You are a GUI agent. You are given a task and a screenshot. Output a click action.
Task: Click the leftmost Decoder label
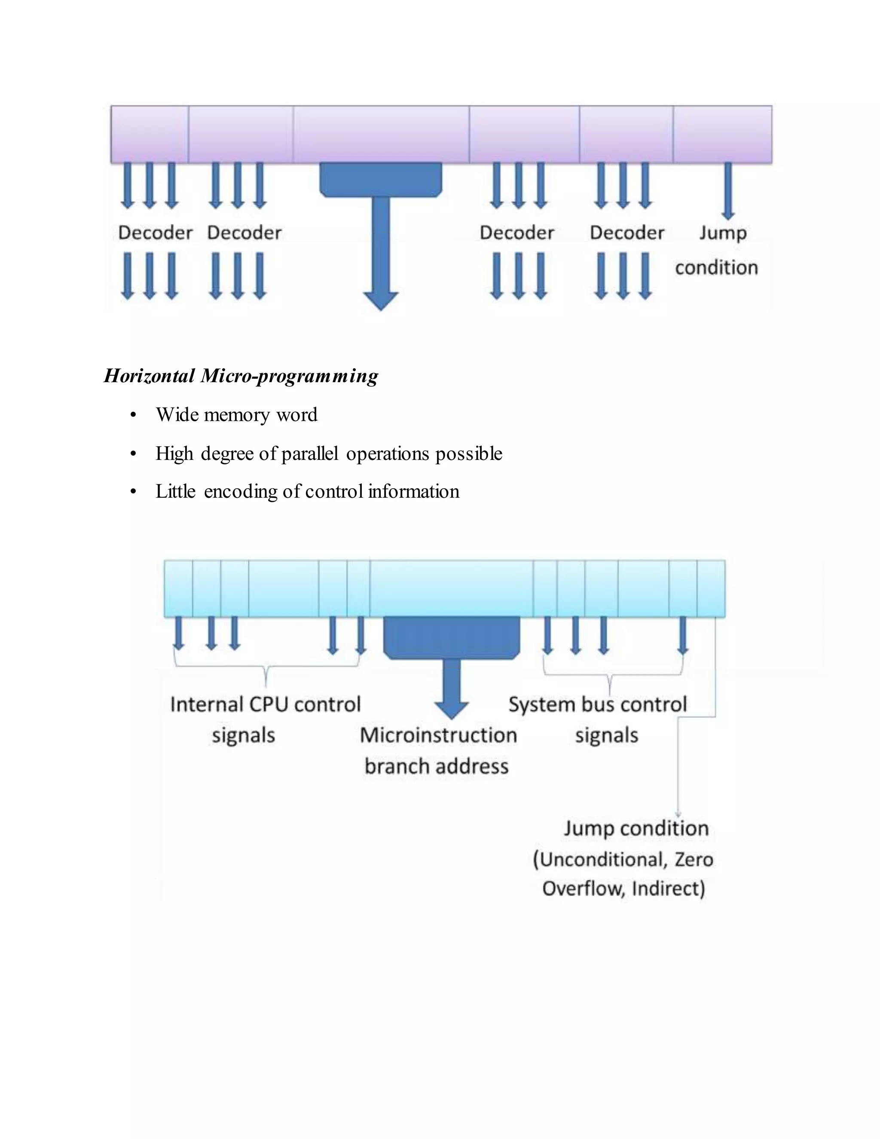156,233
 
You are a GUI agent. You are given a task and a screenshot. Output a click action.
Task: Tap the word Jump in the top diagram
723,233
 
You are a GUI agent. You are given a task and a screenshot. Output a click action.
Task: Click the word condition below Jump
716,267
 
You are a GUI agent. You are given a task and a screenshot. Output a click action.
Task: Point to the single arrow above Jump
728,190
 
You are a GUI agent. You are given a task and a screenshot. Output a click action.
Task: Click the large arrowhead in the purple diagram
381,301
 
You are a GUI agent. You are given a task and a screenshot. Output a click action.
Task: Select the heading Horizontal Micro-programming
241,376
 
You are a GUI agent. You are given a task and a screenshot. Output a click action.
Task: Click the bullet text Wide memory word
236,415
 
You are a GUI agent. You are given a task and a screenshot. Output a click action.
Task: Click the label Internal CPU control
266,704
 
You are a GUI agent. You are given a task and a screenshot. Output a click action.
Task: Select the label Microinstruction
438,735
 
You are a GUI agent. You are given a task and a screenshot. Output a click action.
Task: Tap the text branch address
437,766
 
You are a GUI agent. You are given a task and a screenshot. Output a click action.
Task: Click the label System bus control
597,704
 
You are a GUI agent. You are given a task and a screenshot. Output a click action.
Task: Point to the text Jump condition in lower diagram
636,828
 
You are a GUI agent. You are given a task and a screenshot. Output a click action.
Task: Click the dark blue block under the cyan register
452,637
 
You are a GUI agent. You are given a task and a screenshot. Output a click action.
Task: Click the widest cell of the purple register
381,134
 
